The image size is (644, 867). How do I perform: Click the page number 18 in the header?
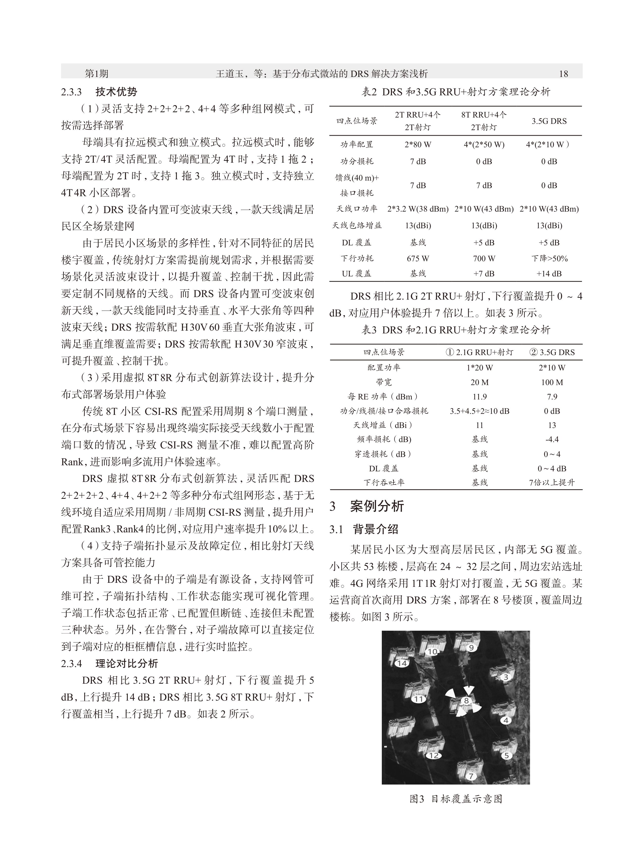(x=563, y=74)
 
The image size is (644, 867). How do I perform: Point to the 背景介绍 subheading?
(x=375, y=529)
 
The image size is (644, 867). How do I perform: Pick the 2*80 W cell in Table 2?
(x=418, y=144)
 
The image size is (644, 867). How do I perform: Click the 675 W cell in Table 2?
(x=418, y=258)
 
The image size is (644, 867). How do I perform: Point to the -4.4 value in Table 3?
(x=552, y=439)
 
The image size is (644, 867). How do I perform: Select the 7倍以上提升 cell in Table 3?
(x=552, y=483)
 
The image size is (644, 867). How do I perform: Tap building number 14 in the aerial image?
(x=401, y=663)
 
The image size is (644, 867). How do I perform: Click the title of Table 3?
(x=456, y=330)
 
